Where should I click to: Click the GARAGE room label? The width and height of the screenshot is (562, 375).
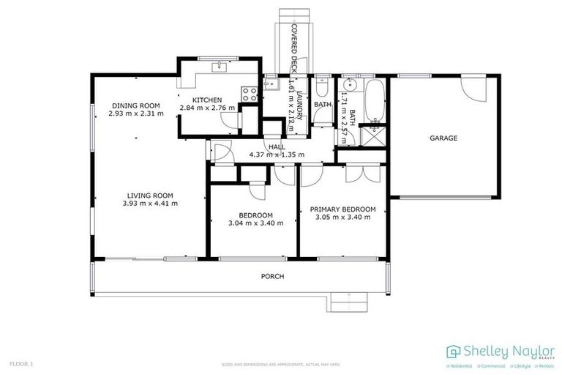[443, 138]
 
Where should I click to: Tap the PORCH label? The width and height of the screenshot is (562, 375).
[272, 276]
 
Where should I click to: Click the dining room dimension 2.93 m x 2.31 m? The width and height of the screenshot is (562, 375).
[135, 114]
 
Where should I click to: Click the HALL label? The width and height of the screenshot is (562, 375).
[276, 147]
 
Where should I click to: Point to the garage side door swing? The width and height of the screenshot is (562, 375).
[473, 92]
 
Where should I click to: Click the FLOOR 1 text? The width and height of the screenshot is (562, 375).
[21, 363]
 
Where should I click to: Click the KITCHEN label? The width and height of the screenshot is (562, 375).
[206, 100]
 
